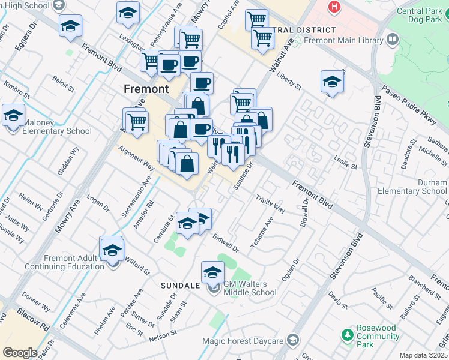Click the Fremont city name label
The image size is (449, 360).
pyautogui.click(x=146, y=89)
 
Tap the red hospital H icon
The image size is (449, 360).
pyautogui.click(x=333, y=7)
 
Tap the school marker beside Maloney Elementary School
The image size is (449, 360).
pyautogui.click(x=13, y=115)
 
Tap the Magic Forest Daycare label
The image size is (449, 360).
pyautogui.click(x=250, y=341)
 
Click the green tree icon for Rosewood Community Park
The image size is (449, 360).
pyautogui.click(x=347, y=334)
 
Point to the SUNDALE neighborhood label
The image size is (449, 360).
pyautogui.click(x=180, y=286)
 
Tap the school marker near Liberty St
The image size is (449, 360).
pyautogui.click(x=332, y=82)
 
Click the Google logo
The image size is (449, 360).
pyautogui.click(x=20, y=352)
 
